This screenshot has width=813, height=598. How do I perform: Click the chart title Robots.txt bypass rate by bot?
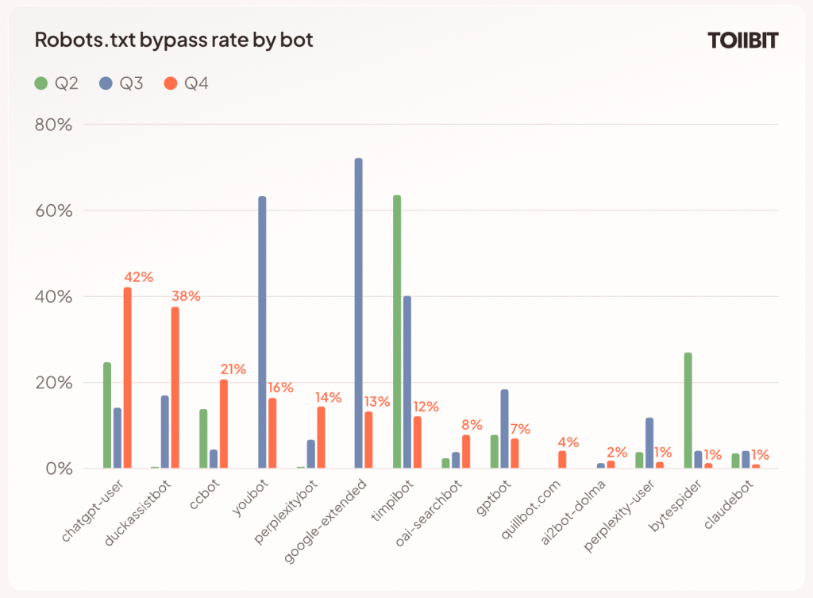tap(174, 41)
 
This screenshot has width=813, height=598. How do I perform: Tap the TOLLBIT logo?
tap(742, 41)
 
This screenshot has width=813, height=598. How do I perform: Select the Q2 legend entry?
tap(56, 83)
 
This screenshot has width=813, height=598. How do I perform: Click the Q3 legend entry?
tap(121, 83)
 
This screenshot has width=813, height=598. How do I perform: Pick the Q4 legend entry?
tap(187, 83)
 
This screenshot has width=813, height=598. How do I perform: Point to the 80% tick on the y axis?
tap(54, 125)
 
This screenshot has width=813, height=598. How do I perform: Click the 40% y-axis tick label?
tap(54, 297)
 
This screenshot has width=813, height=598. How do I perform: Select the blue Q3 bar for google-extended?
tap(358, 314)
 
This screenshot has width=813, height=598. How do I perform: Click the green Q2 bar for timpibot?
tap(397, 332)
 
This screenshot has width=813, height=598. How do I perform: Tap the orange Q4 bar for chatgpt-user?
tap(127, 378)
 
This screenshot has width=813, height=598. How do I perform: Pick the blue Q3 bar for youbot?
tap(262, 333)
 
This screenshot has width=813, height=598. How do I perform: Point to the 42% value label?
tap(138, 277)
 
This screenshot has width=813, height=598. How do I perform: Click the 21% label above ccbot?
tap(233, 369)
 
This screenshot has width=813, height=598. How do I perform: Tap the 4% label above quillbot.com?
tap(568, 442)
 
